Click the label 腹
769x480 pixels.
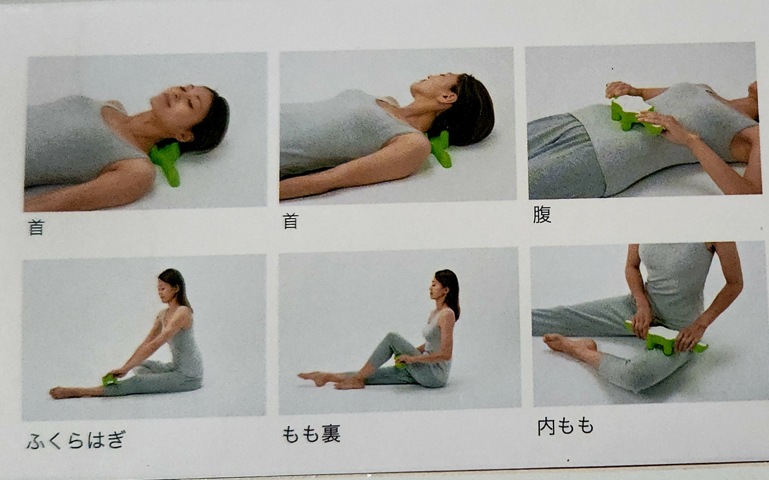coord(542,215)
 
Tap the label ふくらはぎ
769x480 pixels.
coord(76,440)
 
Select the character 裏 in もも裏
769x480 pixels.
coord(331,434)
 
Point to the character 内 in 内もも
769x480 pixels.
coord(546,427)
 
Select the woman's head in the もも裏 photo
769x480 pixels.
coord(445,286)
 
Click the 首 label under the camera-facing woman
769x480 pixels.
coord(36,227)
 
